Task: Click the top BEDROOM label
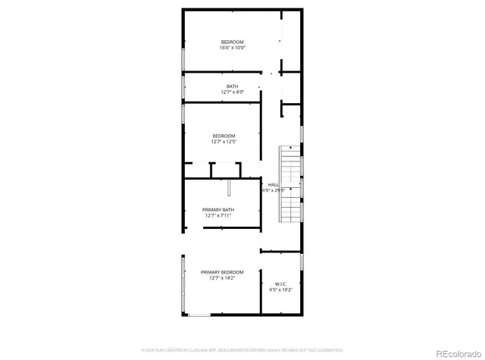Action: point(233,41)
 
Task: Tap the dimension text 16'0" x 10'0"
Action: point(233,47)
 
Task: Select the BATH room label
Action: point(232,86)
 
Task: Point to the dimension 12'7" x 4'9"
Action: point(232,92)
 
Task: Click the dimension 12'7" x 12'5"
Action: point(224,142)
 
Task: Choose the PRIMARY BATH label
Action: point(217,209)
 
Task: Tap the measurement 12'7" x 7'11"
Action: point(217,216)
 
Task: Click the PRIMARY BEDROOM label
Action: point(222,272)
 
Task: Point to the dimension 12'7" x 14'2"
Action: point(222,278)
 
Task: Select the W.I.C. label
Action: point(280,283)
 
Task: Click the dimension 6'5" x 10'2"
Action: point(280,290)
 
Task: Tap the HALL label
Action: point(273,184)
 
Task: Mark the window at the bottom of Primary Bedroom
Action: point(199,315)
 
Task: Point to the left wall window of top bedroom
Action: point(182,61)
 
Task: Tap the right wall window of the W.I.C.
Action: point(302,261)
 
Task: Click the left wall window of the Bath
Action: point(182,87)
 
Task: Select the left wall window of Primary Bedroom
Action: point(182,284)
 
